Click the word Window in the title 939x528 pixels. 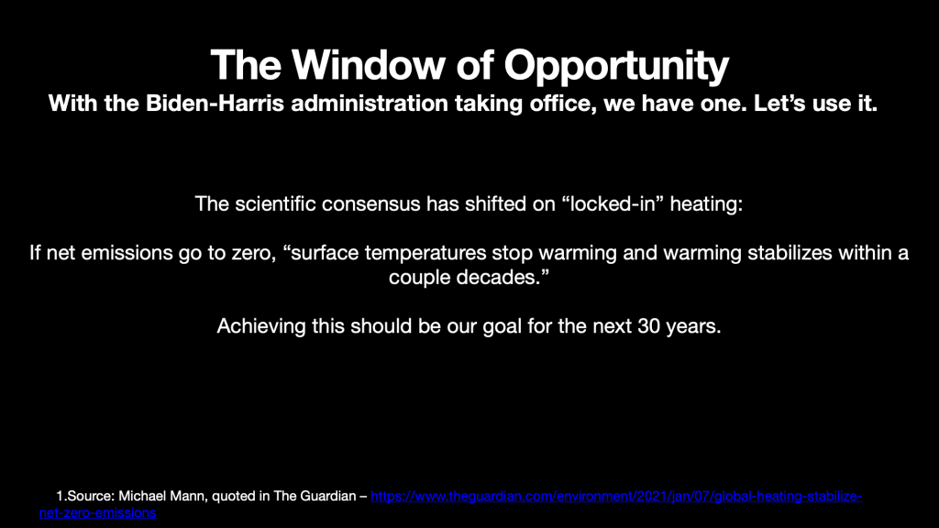[368, 65]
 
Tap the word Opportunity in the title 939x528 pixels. [616, 67]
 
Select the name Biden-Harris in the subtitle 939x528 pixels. [215, 103]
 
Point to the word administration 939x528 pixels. [370, 103]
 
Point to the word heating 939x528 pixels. [706, 204]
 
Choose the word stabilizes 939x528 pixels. [790, 253]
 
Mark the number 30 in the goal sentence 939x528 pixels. [648, 326]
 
